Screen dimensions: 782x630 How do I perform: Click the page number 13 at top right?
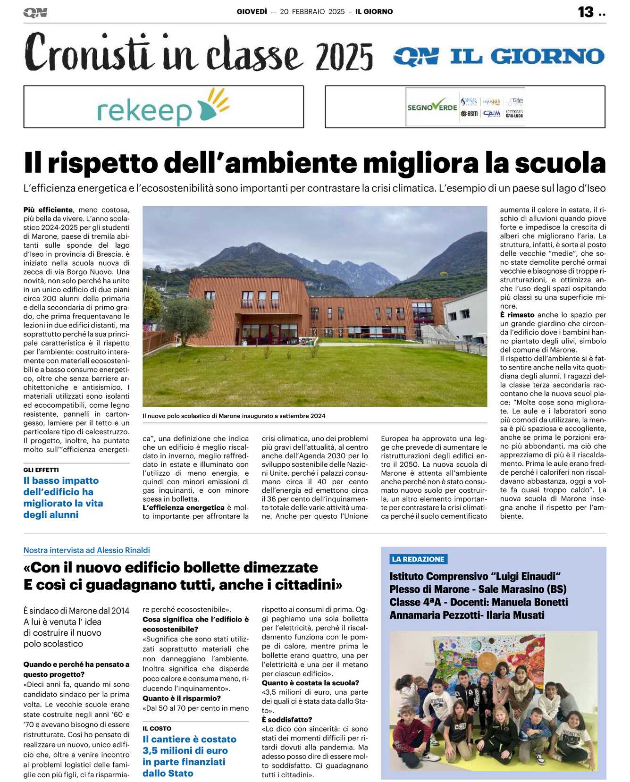coord(586,12)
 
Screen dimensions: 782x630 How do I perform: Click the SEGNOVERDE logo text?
coord(432,107)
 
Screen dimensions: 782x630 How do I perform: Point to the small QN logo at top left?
coord(35,13)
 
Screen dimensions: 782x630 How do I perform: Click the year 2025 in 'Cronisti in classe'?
coord(344,57)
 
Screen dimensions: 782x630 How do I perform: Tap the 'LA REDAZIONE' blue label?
coord(418,559)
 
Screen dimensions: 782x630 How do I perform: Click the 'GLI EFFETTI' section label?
coord(41,470)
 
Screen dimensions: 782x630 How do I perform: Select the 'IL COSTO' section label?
coord(157,728)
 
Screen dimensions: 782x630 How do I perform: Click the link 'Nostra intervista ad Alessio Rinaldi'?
coord(87,550)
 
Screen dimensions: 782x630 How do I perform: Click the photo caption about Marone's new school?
coord(234,416)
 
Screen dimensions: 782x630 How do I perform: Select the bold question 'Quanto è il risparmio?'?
coord(182,698)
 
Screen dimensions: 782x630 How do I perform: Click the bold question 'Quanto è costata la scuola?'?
coord(311,683)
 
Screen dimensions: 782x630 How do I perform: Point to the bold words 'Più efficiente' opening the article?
coord(48,210)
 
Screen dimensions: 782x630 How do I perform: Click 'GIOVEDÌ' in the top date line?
coord(252,12)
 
